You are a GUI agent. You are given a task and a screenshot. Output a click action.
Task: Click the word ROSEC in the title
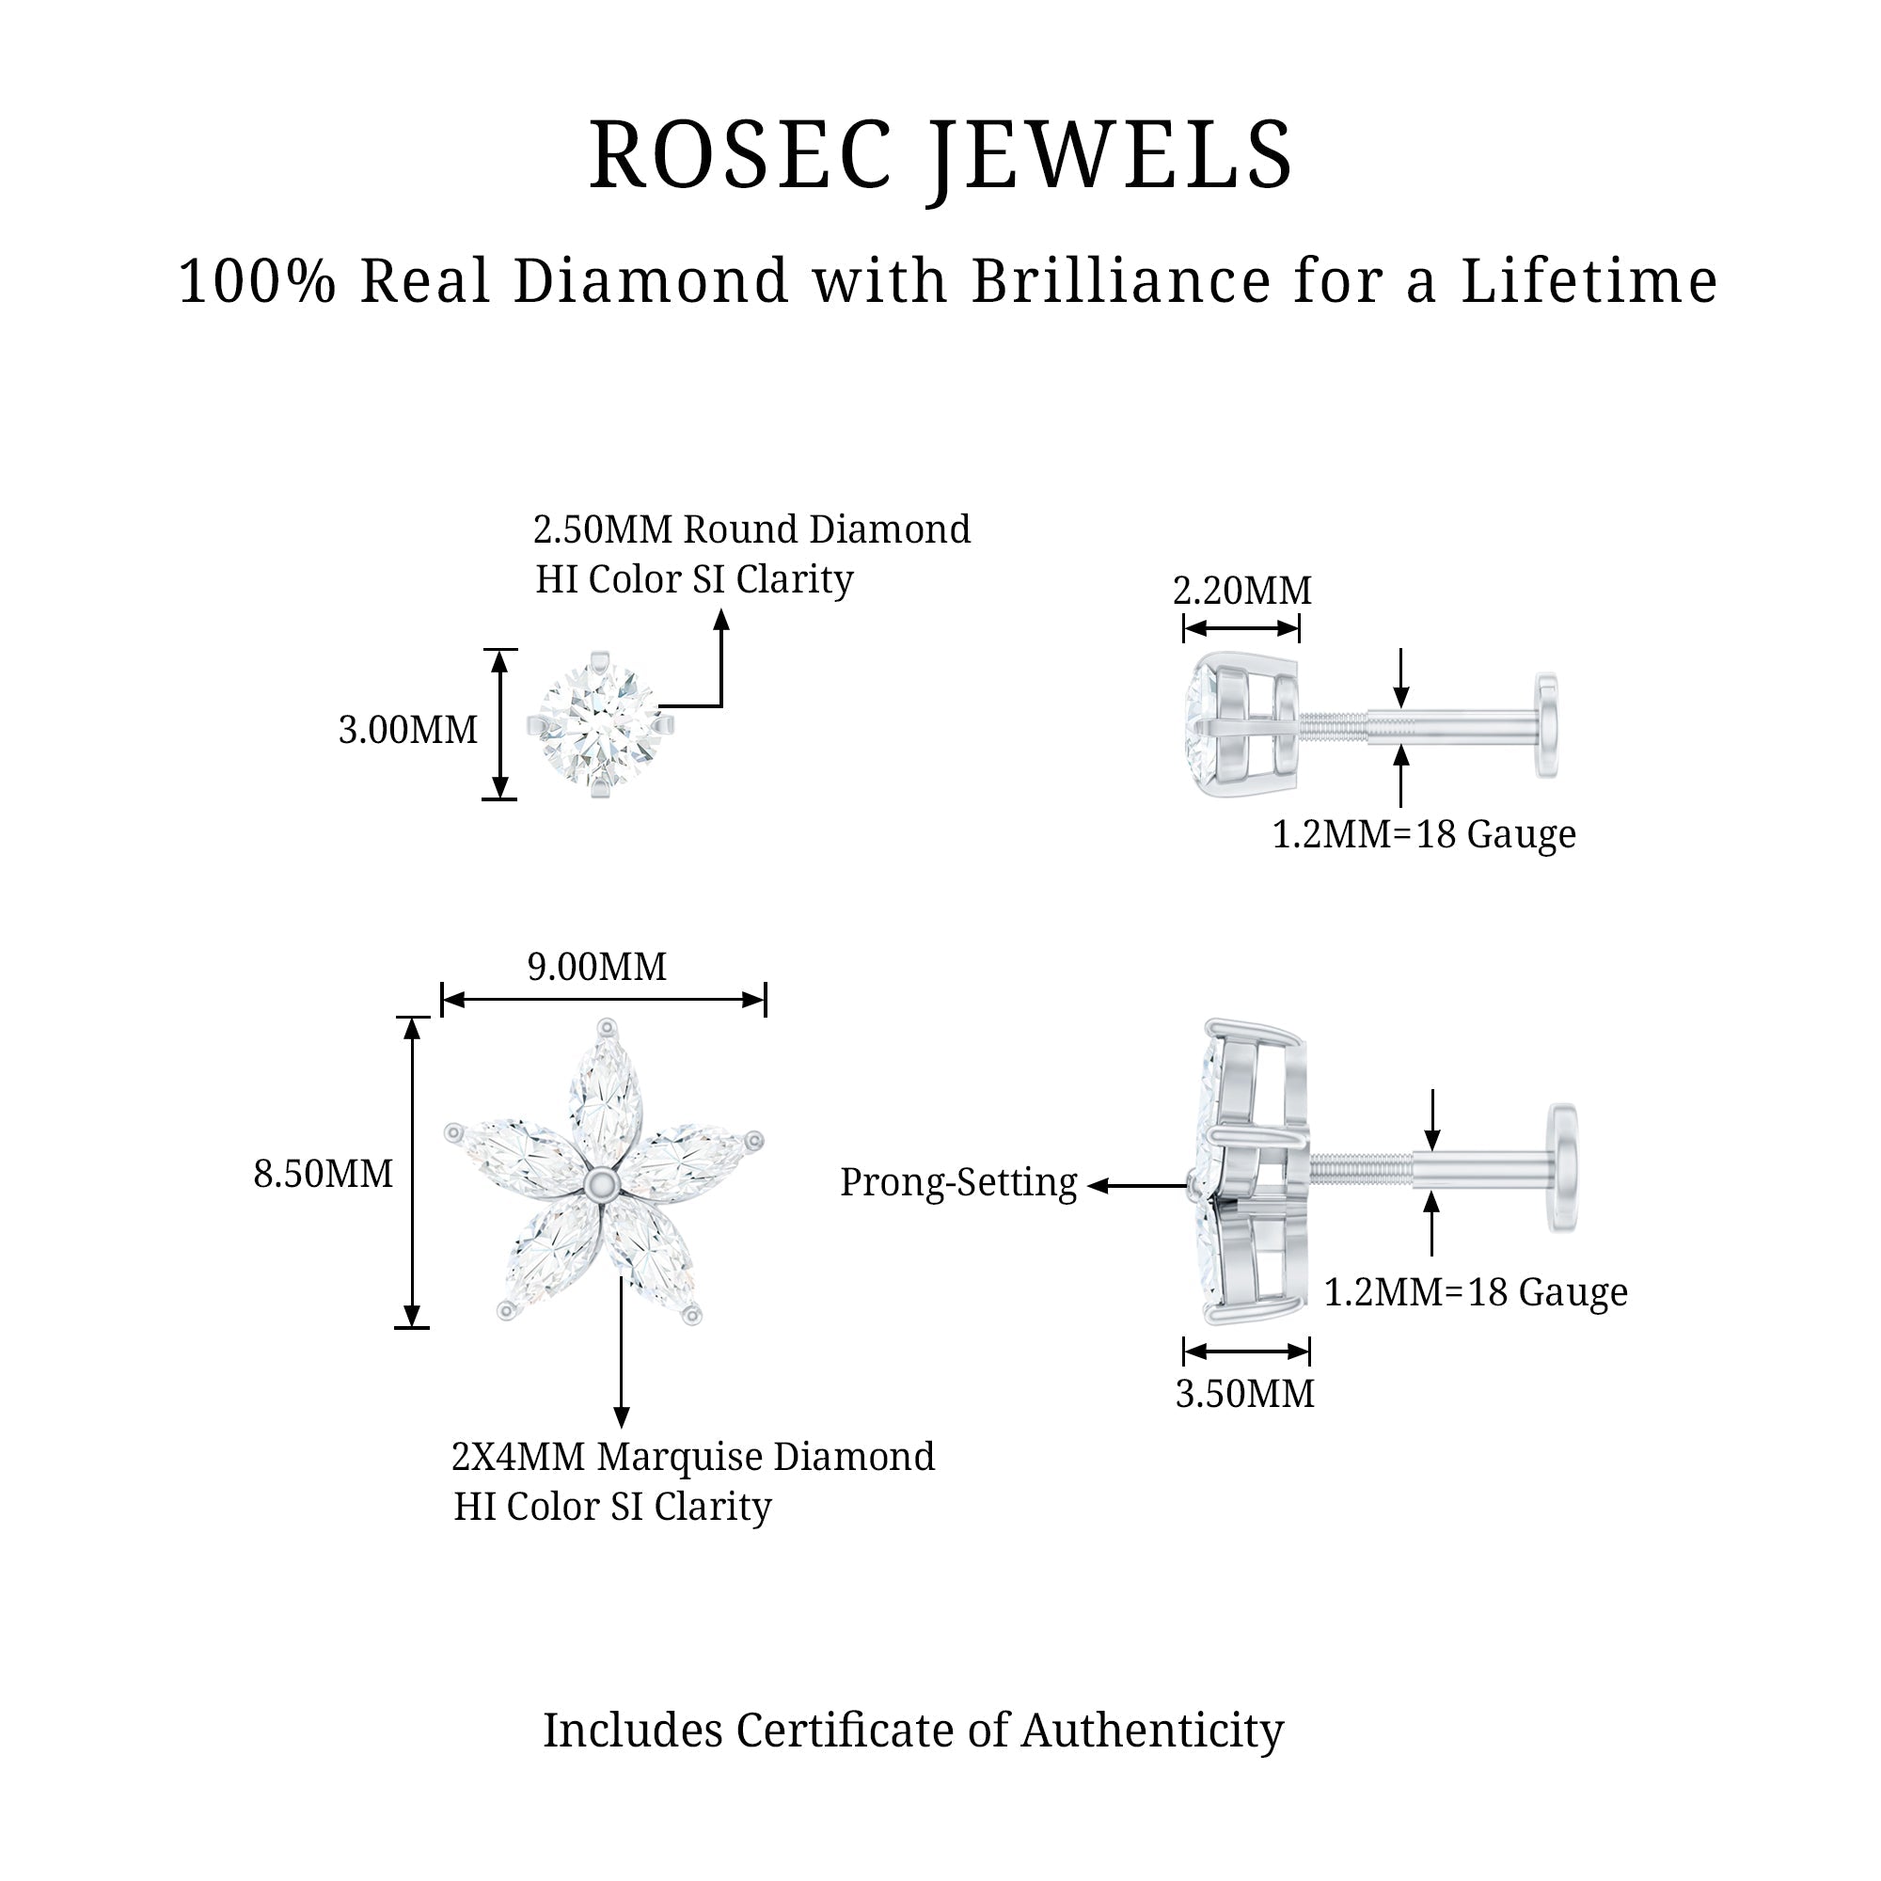[x=740, y=156]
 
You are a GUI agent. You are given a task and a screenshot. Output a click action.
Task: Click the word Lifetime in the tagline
[x=1589, y=281]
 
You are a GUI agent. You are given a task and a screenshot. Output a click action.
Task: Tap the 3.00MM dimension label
[x=408, y=730]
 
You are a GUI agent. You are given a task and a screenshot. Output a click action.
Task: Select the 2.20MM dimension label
[x=1241, y=591]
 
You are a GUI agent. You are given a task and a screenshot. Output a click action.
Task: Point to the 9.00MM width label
[x=597, y=967]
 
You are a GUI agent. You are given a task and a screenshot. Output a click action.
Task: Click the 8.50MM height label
[x=324, y=1174]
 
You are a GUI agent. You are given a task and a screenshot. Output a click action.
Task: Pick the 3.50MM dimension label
[x=1244, y=1394]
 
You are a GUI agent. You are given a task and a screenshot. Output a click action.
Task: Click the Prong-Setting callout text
[x=958, y=1183]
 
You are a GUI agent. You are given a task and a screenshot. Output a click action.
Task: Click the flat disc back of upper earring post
[x=1546, y=725]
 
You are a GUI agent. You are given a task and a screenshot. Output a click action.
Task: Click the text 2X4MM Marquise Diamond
[x=692, y=1457]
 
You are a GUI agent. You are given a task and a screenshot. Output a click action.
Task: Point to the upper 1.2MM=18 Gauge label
[x=1423, y=834]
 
